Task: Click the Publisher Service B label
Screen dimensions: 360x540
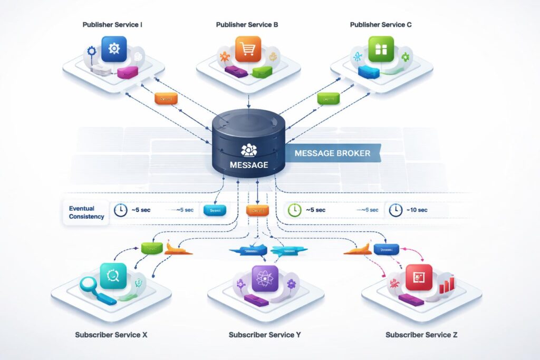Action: [247, 25]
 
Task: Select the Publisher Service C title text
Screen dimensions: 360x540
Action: [381, 25]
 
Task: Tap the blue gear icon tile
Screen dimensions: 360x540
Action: [114, 49]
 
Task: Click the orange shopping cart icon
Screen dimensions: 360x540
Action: [248, 49]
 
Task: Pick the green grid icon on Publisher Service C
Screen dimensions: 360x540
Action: [381, 49]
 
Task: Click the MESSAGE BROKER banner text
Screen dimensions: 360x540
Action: [332, 153]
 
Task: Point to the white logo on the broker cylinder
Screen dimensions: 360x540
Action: [248, 150]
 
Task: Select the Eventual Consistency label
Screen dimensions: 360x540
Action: [86, 212]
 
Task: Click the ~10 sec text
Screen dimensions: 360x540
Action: [417, 210]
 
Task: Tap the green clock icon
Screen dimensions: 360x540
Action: [294, 210]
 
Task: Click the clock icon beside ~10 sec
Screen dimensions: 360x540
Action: [395, 210]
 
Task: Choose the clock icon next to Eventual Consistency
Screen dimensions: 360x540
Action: [120, 210]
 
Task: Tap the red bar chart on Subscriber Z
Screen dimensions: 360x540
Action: [446, 285]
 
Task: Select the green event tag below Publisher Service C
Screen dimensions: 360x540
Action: [329, 98]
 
